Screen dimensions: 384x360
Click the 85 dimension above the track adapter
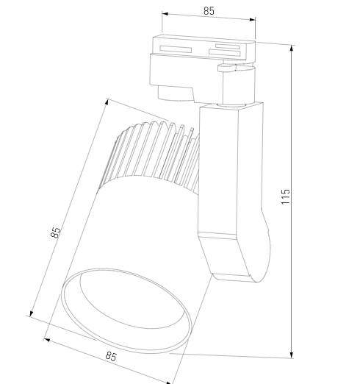(209, 11)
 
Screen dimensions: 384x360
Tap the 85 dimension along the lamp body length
(56, 232)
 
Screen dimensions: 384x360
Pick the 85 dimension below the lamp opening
(110, 357)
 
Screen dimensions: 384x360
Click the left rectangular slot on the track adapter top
(176, 48)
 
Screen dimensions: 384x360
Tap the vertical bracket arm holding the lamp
(220, 169)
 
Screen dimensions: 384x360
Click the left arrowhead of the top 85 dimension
(164, 15)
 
